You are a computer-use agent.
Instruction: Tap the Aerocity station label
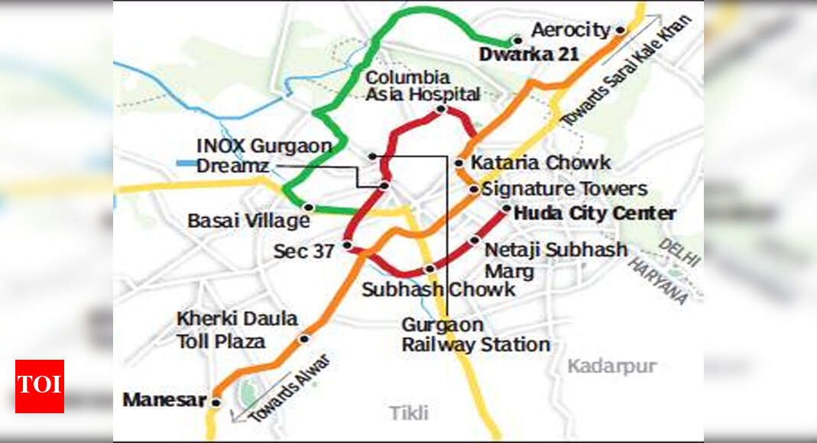(x=570, y=31)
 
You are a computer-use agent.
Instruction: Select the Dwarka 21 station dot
(x=517, y=40)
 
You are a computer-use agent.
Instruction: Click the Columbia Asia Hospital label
(x=423, y=86)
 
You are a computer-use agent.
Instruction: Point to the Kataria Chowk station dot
(x=459, y=163)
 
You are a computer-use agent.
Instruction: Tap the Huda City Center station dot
(x=507, y=208)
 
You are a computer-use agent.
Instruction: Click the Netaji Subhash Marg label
(x=556, y=260)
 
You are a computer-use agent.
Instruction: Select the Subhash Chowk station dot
(x=430, y=268)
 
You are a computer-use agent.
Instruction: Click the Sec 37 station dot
(x=347, y=245)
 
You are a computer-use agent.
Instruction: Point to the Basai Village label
(x=248, y=221)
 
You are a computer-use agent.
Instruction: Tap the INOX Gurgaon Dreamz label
(x=264, y=155)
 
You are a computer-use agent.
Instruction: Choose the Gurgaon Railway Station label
(x=475, y=335)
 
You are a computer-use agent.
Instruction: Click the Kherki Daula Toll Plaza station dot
(x=303, y=338)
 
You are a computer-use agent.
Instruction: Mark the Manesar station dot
(x=216, y=402)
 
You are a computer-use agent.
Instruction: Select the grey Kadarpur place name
(x=611, y=367)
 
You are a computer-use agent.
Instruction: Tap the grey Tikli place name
(x=409, y=413)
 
